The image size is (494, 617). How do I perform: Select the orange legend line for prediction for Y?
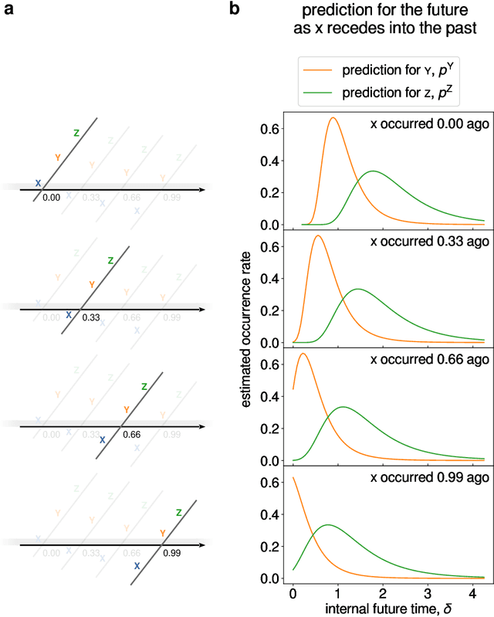[316, 71]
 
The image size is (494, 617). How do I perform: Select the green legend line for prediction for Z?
[316, 92]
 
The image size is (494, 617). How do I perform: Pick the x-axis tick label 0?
[293, 592]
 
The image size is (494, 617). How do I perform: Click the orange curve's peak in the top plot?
[333, 118]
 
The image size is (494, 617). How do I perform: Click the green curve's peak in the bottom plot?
[328, 525]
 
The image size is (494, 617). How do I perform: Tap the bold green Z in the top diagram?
[76, 133]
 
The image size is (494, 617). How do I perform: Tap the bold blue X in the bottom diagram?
[136, 566]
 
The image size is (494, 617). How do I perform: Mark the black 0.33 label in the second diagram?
[91, 317]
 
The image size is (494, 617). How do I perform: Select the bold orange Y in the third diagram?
[126, 409]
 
